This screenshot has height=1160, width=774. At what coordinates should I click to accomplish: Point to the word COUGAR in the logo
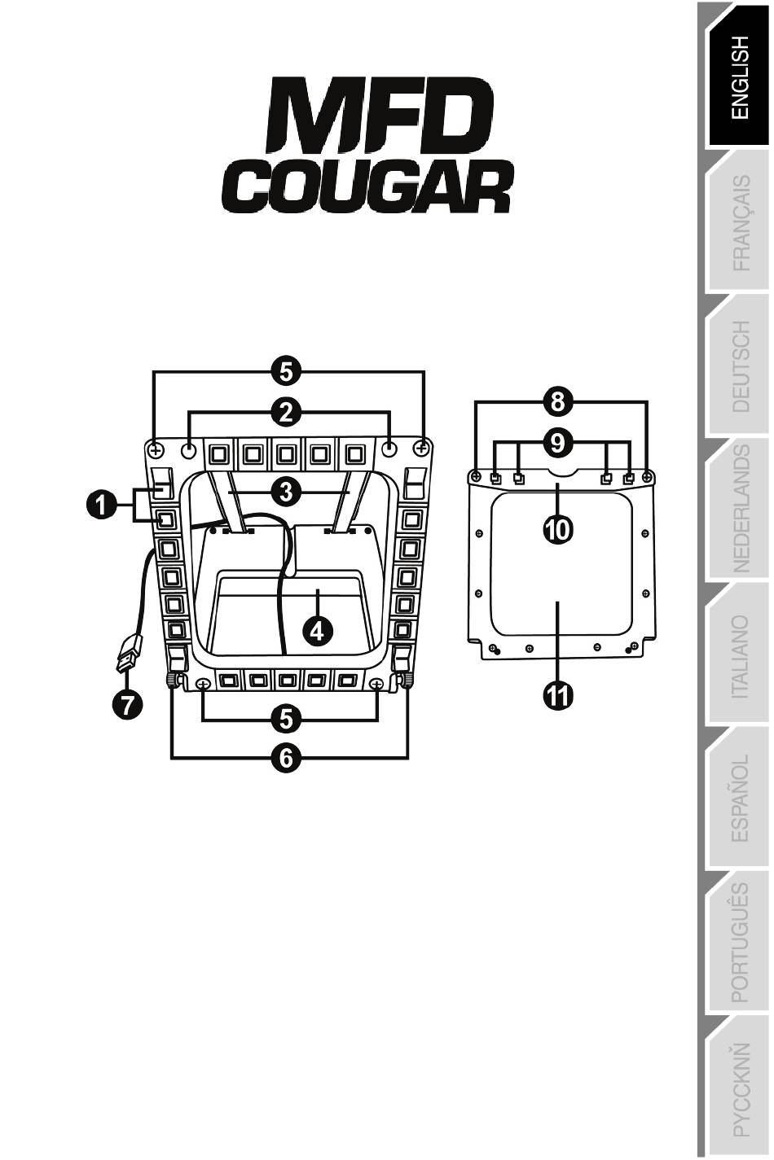(366, 186)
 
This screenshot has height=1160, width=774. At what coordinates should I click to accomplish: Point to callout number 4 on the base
(316, 629)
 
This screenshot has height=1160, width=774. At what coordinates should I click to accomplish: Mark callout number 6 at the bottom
(286, 757)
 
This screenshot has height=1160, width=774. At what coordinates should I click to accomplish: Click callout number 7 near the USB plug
(127, 705)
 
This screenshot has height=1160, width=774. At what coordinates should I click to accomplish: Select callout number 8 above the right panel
(558, 401)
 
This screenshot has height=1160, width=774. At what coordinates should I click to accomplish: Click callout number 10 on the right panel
(558, 530)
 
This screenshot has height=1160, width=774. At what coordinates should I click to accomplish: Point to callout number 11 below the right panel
(558, 696)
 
